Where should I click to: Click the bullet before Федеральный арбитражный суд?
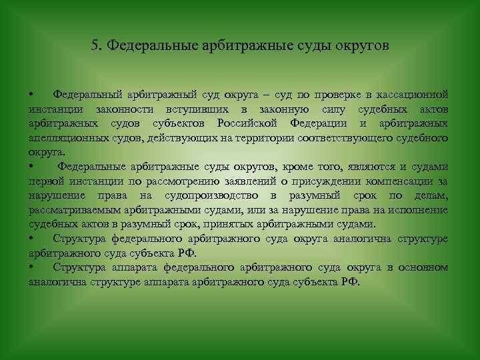(x=31, y=95)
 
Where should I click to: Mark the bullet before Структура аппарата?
(x=31, y=268)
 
